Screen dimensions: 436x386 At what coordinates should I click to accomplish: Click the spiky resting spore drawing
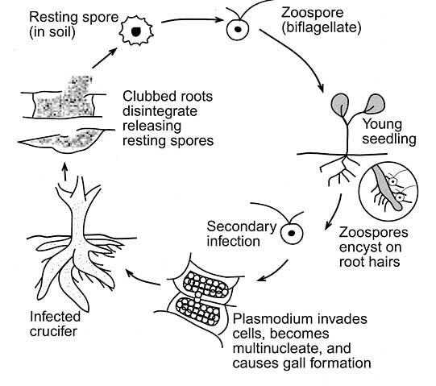point(136,31)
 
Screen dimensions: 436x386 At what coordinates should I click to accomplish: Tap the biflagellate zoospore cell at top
point(238,29)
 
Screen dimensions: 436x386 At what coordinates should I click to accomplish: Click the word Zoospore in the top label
point(312,13)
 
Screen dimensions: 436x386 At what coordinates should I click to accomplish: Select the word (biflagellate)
point(322,28)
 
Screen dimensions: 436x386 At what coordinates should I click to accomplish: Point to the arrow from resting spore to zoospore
point(193,20)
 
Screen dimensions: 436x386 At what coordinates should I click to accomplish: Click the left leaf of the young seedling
point(339,105)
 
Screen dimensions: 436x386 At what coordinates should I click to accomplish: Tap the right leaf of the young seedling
point(375,103)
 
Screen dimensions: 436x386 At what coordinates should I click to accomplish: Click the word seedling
point(389,139)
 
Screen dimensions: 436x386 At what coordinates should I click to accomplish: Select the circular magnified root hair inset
point(388,192)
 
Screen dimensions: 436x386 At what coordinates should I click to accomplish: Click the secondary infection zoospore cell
point(292,233)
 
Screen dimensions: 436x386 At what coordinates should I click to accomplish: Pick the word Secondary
point(241,226)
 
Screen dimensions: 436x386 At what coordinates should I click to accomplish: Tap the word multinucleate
point(278,348)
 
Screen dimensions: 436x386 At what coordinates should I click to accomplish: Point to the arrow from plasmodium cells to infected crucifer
point(143,277)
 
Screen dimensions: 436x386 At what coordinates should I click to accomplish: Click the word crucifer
point(53,331)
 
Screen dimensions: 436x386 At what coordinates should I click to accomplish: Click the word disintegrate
point(160,111)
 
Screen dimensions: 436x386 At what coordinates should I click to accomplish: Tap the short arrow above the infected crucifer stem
point(64,172)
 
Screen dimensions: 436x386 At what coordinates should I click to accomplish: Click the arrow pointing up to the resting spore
point(105,58)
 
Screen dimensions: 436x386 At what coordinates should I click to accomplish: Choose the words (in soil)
point(52,32)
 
